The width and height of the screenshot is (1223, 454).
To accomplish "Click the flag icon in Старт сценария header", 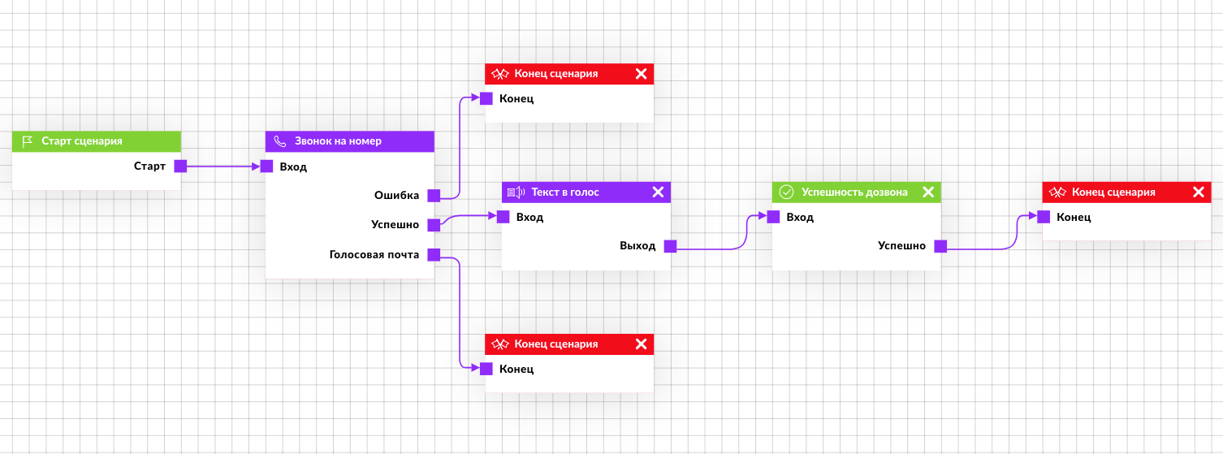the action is pos(27,141).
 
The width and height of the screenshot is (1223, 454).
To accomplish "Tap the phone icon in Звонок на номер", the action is pos(279,141).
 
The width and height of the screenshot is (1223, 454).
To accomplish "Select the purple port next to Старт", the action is pos(180,166).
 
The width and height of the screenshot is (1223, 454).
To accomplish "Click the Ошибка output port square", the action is pos(434,196).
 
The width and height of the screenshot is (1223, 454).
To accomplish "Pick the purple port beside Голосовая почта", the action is pos(434,254).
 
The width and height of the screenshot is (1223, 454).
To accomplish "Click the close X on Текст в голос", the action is pos(658,192).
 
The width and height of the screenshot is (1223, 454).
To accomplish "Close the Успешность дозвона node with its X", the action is pos(928,192).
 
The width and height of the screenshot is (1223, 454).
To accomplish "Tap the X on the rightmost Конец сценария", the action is pos(1199,192).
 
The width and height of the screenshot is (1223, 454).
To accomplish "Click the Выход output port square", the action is pos(671,246).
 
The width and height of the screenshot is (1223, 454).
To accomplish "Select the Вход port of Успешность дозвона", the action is pos(773,217).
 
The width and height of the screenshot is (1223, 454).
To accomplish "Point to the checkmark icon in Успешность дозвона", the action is pos(786,192).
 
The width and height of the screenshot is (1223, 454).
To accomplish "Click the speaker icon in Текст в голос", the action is pos(516,192).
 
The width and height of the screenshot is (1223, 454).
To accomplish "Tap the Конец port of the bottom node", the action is pos(486,369).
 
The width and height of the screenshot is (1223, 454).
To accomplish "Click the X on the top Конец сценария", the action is pos(641,73).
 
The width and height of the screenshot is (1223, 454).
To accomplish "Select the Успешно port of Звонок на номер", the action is pos(434,225).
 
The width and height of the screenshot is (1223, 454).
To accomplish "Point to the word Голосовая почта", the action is pos(374,254).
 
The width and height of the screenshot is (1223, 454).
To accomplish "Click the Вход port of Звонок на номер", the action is pos(266,166).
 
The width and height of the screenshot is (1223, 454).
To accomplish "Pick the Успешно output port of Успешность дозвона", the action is pos(940,246).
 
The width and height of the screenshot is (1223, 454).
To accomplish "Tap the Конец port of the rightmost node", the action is pos(1044,217).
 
